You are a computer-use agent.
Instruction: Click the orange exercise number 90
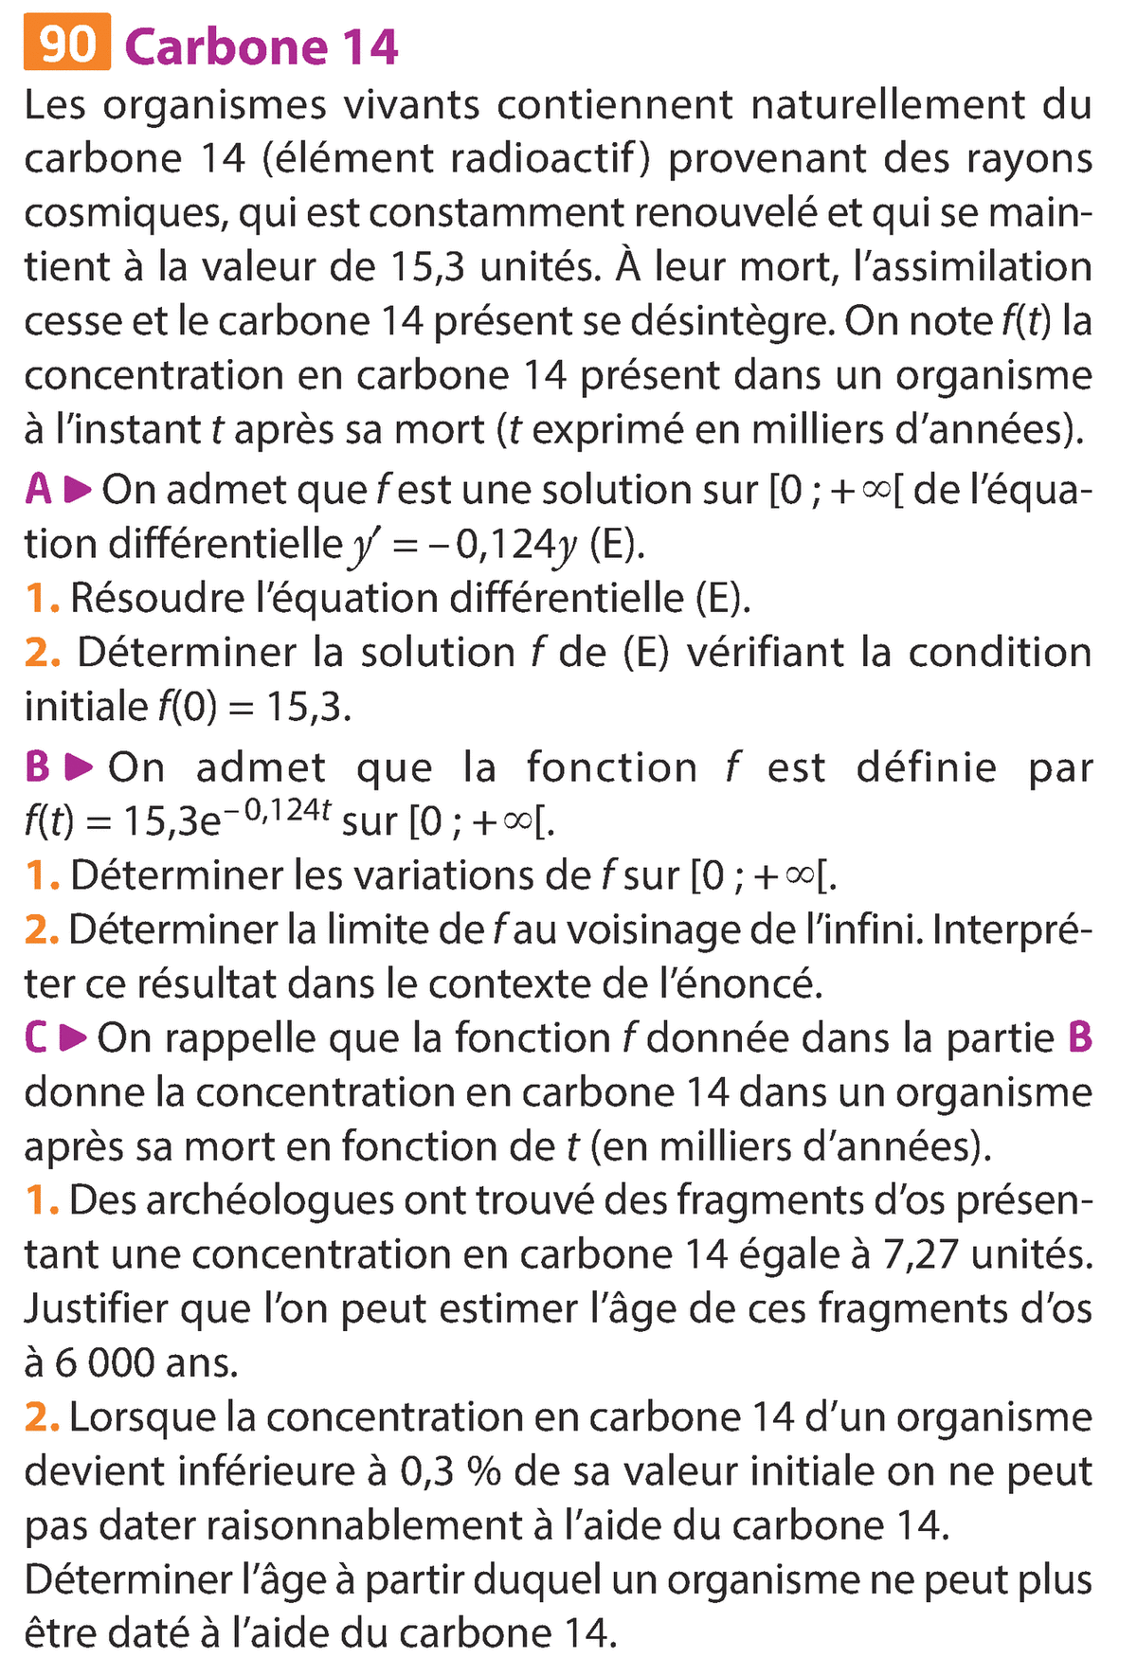tap(66, 44)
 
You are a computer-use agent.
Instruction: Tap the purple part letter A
tap(39, 490)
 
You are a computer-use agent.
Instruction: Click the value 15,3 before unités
tap(426, 267)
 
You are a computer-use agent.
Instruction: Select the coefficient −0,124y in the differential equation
tap(503, 545)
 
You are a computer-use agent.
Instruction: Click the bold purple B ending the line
tap(1079, 1038)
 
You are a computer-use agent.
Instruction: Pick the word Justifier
tap(96, 1309)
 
